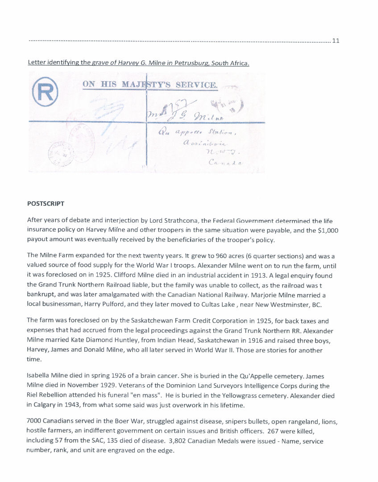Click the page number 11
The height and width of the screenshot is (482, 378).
[x=336, y=41]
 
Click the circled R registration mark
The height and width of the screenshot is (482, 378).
[x=45, y=92]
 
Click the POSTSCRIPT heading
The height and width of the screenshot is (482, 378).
[x=46, y=204]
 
